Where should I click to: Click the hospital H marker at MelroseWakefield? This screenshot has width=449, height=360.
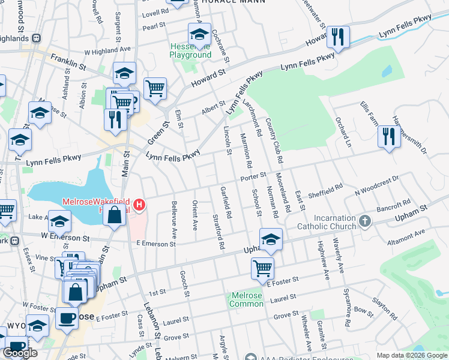(x=139, y=205)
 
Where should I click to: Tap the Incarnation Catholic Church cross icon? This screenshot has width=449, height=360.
(x=364, y=222)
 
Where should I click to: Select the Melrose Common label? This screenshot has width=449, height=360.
(x=246, y=299)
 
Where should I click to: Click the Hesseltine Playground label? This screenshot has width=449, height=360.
(x=190, y=50)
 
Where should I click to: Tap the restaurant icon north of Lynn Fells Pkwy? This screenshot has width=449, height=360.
(x=339, y=37)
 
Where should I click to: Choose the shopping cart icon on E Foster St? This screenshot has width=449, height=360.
(x=262, y=268)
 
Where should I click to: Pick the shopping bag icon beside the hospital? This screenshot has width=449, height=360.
(x=114, y=214)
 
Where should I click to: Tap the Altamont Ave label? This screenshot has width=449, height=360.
(x=406, y=236)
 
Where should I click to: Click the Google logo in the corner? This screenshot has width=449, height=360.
(x=20, y=353)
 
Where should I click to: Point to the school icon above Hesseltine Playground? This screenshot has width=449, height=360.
(x=199, y=34)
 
